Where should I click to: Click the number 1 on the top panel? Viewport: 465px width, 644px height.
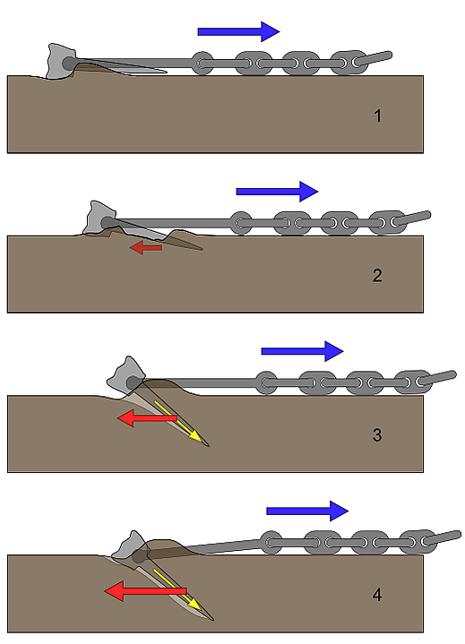pos(377,116)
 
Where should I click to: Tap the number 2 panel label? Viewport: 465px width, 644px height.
pos(377,275)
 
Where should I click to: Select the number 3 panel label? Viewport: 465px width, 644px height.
pos(377,434)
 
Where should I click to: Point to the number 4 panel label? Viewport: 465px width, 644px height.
pos(377,595)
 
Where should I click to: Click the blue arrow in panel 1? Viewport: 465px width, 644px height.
pos(238,31)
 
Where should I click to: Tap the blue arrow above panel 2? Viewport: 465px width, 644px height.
pos(277,191)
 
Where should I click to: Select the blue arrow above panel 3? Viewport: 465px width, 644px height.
pos(302,351)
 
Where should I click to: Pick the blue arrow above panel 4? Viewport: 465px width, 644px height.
pos(307,511)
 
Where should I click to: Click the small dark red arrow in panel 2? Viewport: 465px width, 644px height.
pos(146,248)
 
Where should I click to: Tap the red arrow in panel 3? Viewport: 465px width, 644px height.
pos(147,417)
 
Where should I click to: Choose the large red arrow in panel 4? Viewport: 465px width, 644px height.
pos(146,591)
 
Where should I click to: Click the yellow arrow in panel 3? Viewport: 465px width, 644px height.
pos(178,422)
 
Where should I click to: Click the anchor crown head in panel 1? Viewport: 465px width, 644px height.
pos(61,61)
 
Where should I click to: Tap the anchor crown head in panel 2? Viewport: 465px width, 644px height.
pos(99,218)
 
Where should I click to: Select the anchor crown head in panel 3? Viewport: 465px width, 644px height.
pos(125,376)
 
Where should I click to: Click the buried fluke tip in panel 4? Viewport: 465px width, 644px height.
pos(213,620)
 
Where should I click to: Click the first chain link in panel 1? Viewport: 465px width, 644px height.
pos(202,64)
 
